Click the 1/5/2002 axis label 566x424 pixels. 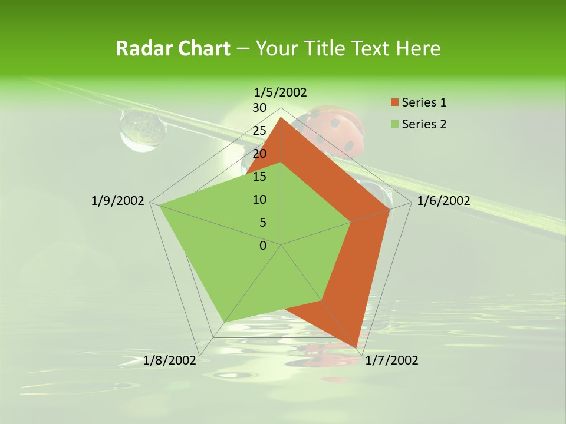280,92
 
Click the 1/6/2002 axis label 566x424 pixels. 443,201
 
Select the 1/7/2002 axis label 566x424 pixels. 391,360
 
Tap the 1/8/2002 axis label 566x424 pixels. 170,360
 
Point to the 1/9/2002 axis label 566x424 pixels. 118,201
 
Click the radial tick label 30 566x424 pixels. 259,108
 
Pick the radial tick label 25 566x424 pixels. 259,131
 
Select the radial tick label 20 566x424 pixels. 259,154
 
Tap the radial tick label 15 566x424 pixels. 259,177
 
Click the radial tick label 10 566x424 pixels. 259,200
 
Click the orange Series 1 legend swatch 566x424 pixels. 394,102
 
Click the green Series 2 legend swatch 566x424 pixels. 394,124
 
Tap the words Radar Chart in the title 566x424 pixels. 173,48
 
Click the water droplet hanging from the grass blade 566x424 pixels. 142,130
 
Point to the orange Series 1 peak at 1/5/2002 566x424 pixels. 281,118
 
